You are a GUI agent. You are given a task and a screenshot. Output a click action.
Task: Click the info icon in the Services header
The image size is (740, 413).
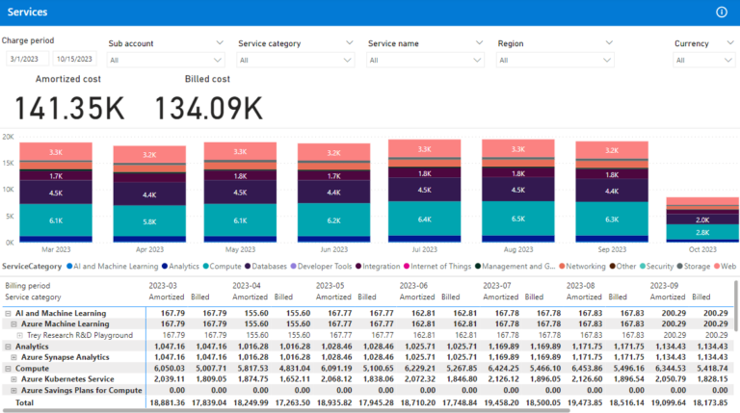coord(722,12)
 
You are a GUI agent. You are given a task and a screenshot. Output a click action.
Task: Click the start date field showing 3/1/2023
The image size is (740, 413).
coord(26,60)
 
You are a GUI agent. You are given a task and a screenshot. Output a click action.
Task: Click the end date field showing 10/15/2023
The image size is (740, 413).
coord(75,60)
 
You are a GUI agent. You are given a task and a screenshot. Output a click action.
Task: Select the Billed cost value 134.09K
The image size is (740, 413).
coord(208,108)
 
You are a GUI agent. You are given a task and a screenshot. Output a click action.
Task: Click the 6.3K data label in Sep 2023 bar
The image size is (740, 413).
coord(611,219)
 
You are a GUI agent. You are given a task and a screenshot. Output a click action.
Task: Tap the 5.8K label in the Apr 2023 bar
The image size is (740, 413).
coord(149,222)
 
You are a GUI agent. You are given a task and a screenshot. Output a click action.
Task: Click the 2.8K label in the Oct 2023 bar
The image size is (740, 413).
coord(703,232)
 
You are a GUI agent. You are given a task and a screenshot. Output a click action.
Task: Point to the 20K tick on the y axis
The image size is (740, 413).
coord(8,137)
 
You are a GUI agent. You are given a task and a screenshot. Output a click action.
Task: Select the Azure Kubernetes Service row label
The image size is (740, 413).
coord(72,378)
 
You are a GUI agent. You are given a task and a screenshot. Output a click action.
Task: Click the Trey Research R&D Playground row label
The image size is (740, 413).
coord(76,335)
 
